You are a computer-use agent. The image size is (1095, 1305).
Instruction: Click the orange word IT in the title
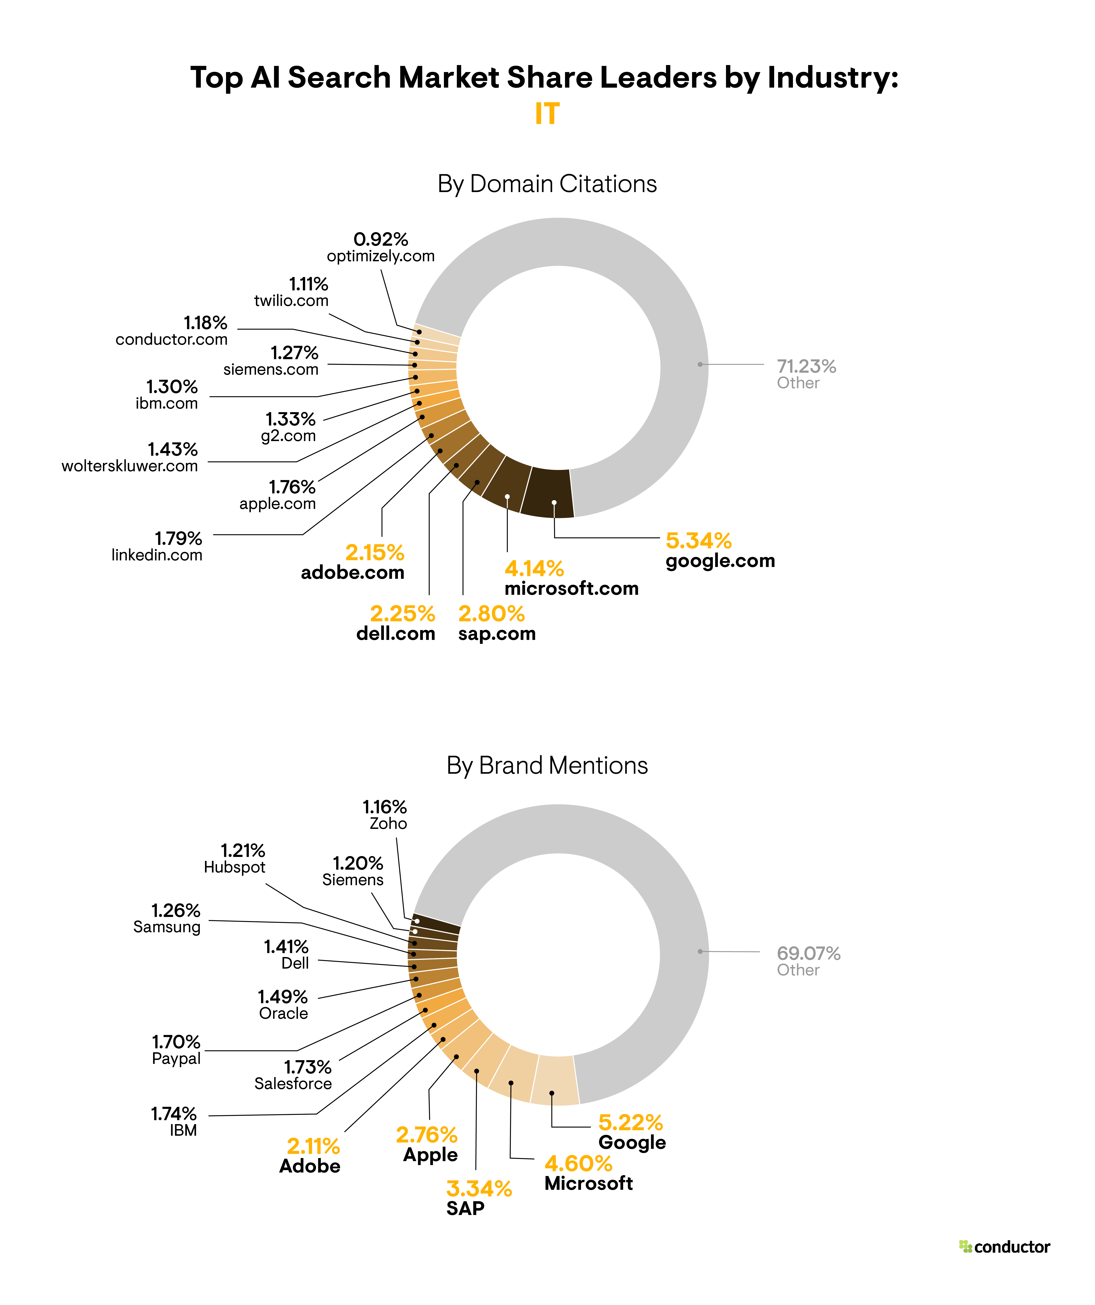coord(547,114)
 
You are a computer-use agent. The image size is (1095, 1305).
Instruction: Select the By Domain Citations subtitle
coord(547,184)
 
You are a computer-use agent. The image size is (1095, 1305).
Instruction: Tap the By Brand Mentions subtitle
coord(547,766)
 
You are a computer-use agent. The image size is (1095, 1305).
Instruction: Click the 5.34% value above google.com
coord(699,541)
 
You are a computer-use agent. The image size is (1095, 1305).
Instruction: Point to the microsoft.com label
coord(571,588)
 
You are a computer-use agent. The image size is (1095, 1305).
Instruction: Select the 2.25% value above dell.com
coord(402,614)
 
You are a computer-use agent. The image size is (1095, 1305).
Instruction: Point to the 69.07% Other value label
coord(808,953)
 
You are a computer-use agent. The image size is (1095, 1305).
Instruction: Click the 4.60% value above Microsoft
coord(578,1163)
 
